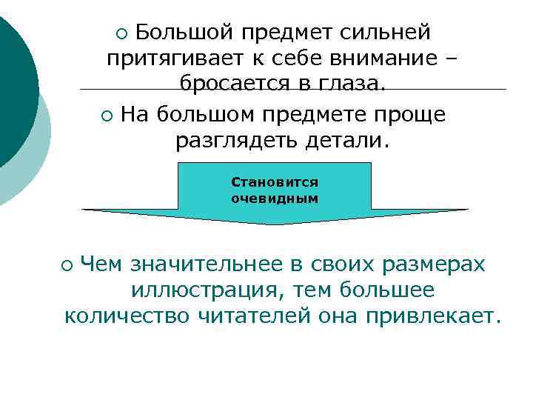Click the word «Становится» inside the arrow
click(x=274, y=181)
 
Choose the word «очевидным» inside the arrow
click(x=274, y=198)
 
